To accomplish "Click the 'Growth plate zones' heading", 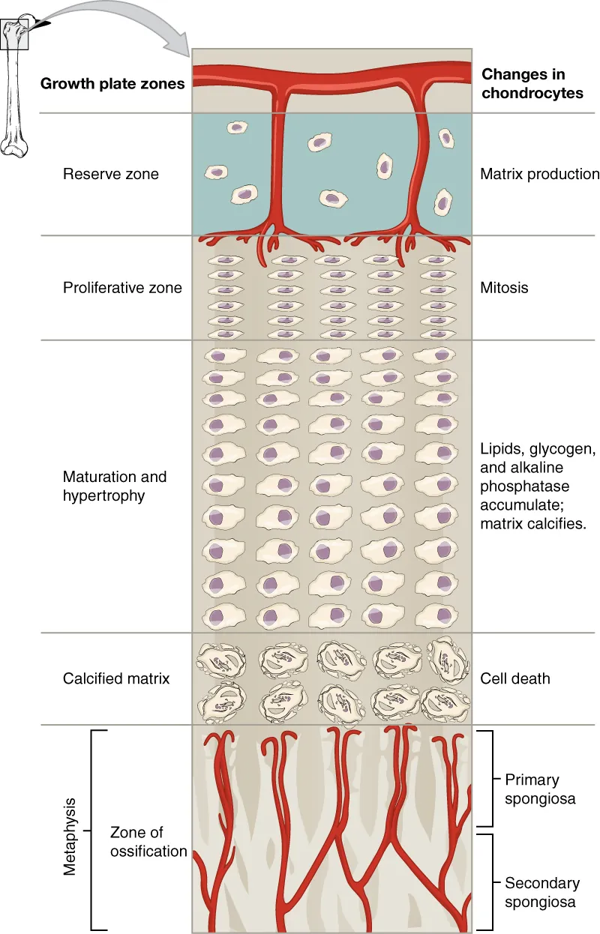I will (112, 83).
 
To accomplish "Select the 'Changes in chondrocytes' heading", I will (532, 83).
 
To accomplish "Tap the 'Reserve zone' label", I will (111, 175).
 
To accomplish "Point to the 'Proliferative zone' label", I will (122, 288).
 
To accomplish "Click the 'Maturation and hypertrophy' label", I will (115, 486).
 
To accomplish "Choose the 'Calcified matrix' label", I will (116, 678).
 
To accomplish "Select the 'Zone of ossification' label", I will (148, 842).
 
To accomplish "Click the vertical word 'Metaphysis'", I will (70, 831).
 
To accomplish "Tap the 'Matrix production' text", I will (539, 175).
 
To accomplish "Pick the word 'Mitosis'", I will (504, 288).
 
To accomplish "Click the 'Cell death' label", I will (515, 678).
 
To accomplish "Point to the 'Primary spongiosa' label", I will (540, 789).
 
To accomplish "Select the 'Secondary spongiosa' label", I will (541, 893).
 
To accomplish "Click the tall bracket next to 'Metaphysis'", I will (93, 830).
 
